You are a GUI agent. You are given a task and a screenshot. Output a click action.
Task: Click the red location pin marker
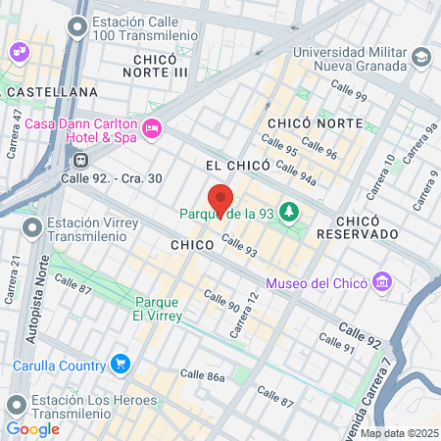220,200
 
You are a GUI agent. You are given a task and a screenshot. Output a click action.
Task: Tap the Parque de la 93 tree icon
289,212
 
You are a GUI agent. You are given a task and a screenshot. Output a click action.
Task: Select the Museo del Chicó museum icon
382,283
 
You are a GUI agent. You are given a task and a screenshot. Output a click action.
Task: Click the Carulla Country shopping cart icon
121,365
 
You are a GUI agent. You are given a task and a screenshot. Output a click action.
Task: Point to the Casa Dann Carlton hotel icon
152,127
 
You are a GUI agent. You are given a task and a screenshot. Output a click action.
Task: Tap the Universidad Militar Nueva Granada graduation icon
422,58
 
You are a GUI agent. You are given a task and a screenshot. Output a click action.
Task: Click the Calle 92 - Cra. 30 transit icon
79,159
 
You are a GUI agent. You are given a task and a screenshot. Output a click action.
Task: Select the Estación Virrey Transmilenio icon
32,228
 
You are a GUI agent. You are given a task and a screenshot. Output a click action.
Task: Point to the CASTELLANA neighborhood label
52,91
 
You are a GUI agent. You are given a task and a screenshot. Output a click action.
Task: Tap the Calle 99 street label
348,95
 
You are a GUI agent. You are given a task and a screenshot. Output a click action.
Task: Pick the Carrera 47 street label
17,128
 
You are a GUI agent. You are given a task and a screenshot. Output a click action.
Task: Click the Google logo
32,428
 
